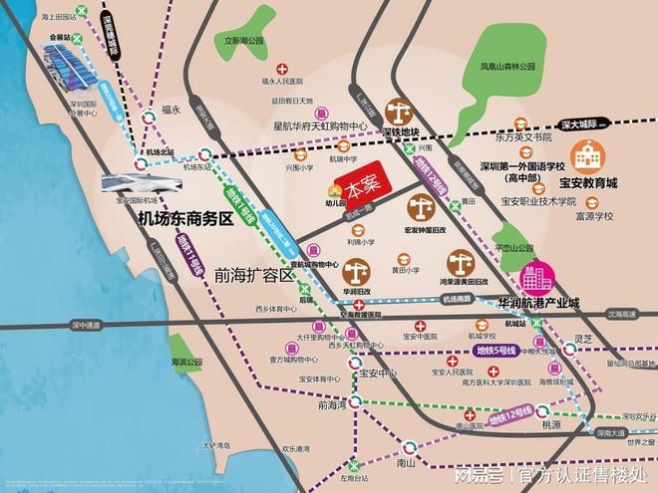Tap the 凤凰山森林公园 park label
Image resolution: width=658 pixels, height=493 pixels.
505,67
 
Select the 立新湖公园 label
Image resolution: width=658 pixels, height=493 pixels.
230,42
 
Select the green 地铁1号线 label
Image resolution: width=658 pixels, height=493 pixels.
240,205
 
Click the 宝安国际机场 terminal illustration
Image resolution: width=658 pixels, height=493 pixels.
140,185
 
